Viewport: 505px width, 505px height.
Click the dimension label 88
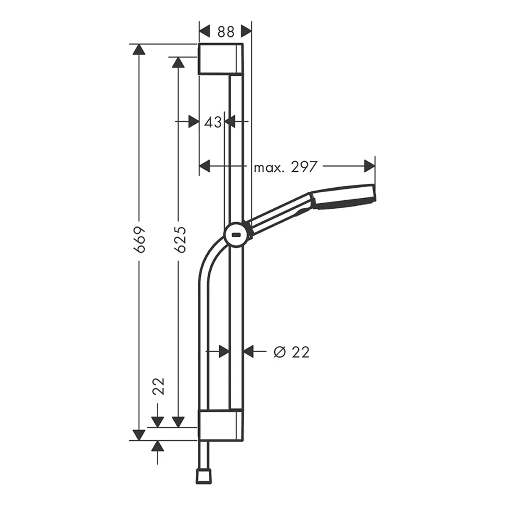coord(226,32)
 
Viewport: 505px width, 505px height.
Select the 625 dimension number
coord(180,239)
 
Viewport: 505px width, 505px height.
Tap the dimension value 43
coord(213,122)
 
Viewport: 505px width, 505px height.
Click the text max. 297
coord(285,167)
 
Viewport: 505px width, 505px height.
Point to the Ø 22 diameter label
coord(291,352)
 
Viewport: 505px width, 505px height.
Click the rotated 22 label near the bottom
coord(158,386)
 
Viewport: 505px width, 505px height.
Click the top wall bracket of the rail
coord(221,59)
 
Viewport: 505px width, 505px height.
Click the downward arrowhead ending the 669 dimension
coord(138,435)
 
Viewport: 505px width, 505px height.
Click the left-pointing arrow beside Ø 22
coord(249,351)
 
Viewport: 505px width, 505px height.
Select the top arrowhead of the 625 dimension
coord(178,62)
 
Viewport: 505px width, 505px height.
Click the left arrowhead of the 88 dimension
coord(204,31)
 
